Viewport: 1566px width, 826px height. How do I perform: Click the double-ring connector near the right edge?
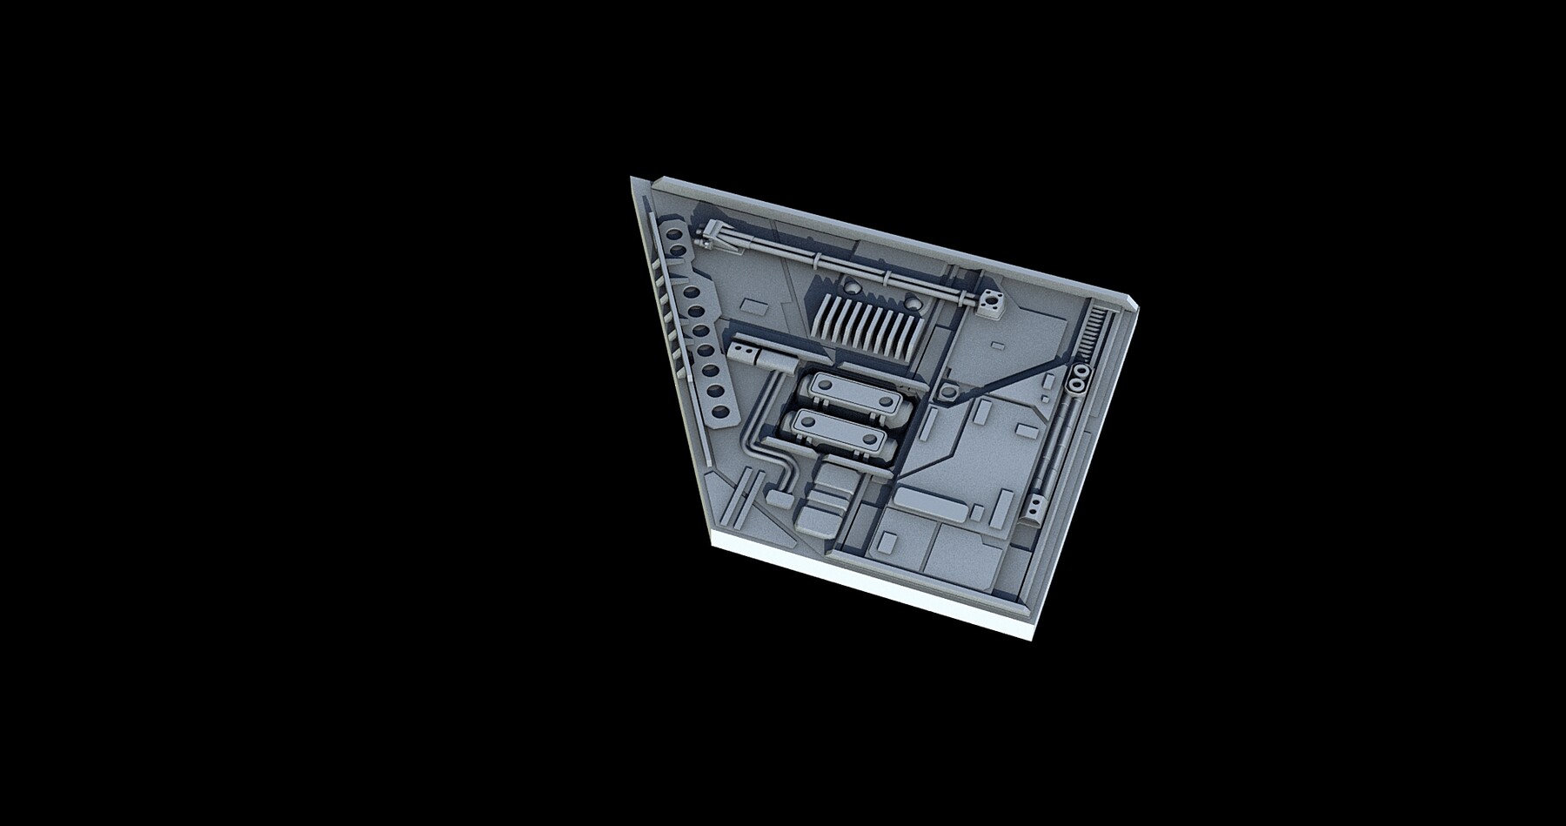(1078, 379)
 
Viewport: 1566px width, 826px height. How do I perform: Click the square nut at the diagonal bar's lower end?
(947, 395)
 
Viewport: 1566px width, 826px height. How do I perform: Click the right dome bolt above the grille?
(913, 304)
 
